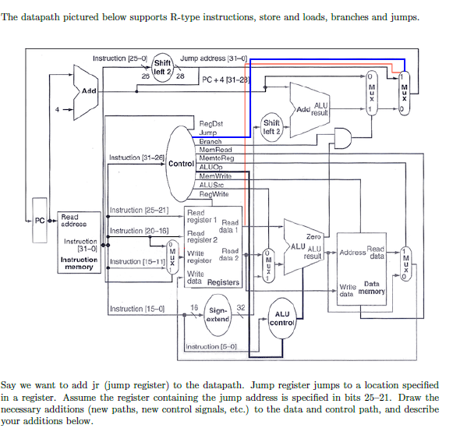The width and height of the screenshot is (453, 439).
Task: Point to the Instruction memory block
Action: (x=79, y=242)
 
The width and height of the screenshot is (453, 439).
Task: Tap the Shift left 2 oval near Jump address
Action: (x=164, y=66)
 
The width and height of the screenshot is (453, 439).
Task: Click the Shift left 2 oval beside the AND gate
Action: (x=271, y=126)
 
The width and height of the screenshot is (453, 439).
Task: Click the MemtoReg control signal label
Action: (x=217, y=157)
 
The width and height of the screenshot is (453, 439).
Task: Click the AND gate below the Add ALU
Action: (x=341, y=138)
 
